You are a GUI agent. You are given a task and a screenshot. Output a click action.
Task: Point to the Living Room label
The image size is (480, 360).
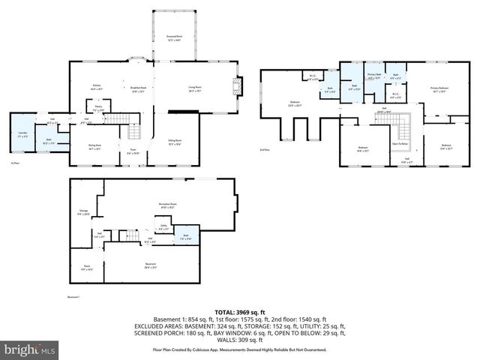(196, 88)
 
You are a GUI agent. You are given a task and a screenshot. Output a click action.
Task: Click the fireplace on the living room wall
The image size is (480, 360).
(239, 86)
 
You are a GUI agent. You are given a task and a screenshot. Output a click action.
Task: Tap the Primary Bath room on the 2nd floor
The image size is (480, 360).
(373, 76)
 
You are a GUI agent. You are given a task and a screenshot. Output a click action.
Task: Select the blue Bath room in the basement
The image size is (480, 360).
(188, 236)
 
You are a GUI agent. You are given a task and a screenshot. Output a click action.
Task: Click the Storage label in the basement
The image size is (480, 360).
(83, 212)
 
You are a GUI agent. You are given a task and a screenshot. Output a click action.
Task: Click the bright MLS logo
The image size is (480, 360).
(29, 349)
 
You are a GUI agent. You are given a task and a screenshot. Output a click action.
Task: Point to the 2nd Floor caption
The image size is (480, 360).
(264, 151)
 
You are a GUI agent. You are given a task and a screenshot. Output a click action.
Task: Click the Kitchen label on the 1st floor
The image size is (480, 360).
(96, 87)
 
